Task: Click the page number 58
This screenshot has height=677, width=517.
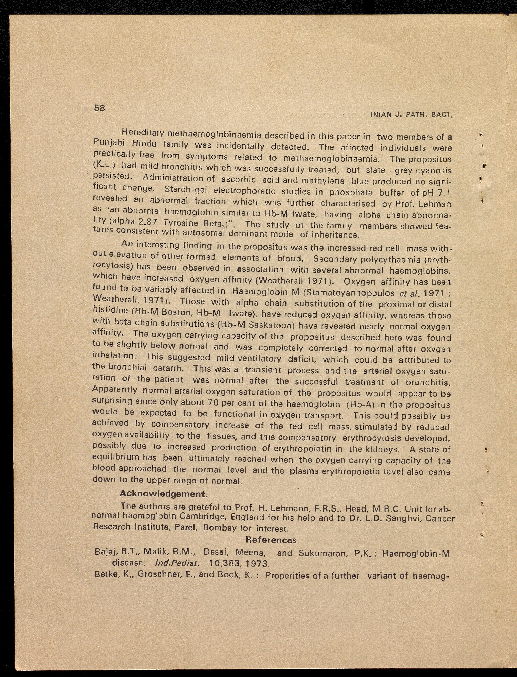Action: [99, 108]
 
